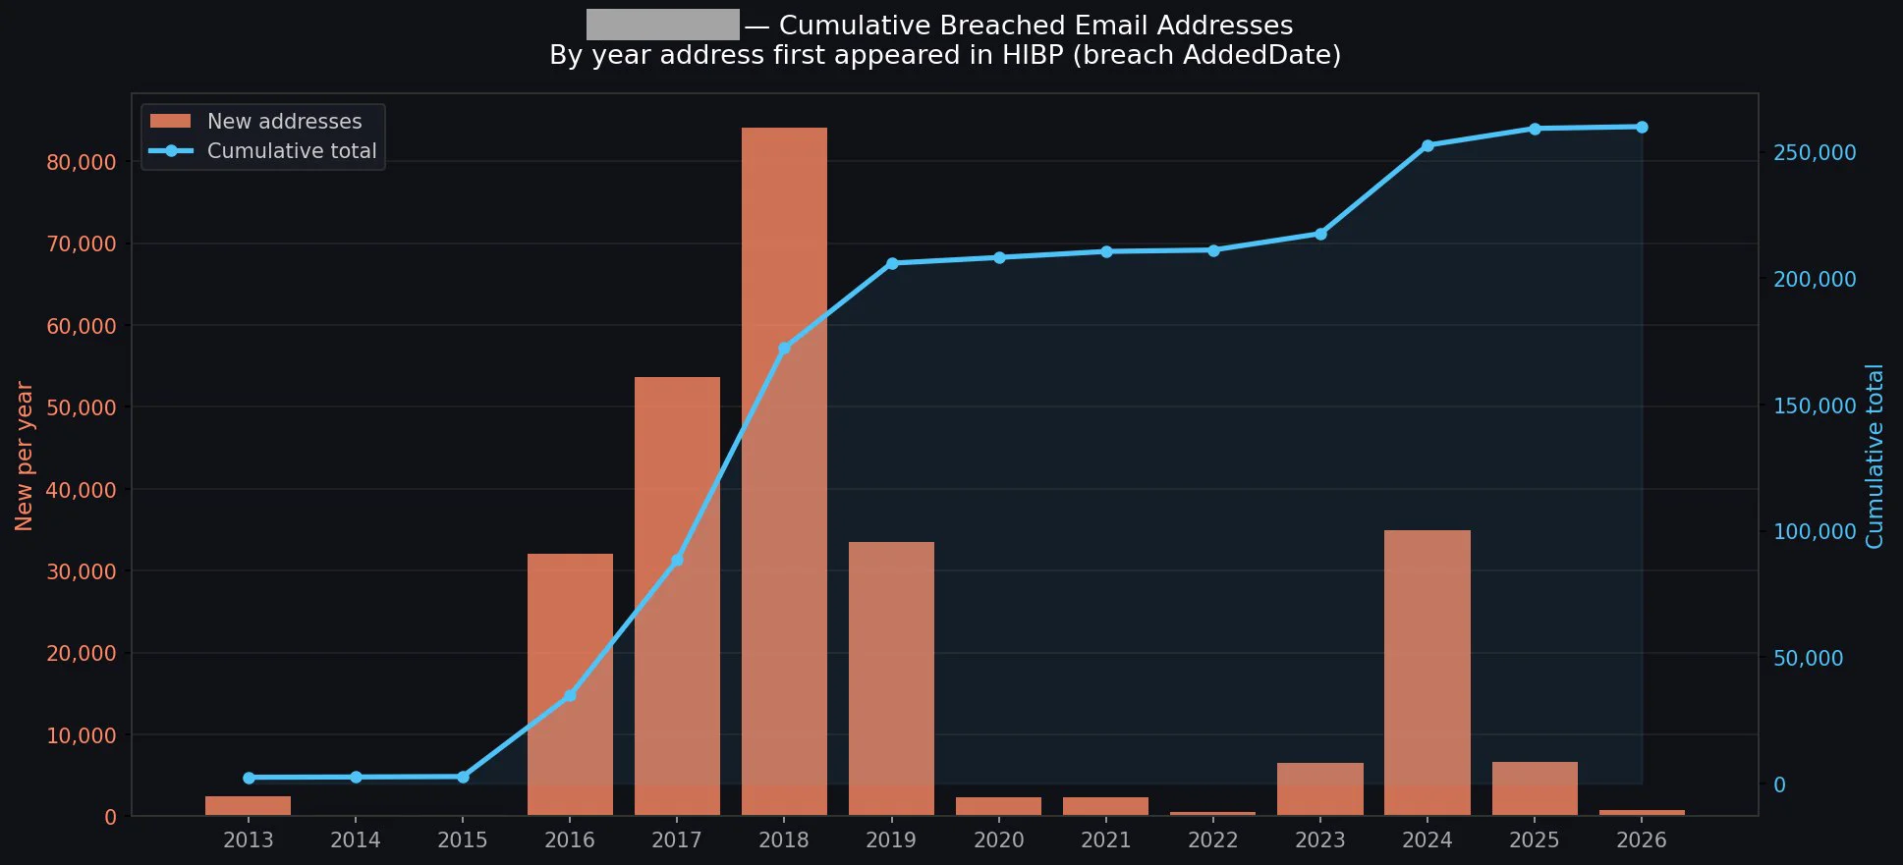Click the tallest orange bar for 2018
pos(784,471)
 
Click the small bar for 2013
pos(248,806)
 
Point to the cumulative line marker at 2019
pos(892,263)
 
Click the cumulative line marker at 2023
pos(1320,234)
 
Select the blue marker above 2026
pos(1642,127)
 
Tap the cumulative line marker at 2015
pos(463,777)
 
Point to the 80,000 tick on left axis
pos(81,162)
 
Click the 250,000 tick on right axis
pos(1814,152)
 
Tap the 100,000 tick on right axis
pos(1814,531)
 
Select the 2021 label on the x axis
pos(1105,840)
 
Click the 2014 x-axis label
pos(355,840)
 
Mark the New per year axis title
pos(25,456)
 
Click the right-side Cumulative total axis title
pos(1875,456)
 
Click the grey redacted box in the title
pos(662,25)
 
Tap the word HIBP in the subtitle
pos(1033,55)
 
